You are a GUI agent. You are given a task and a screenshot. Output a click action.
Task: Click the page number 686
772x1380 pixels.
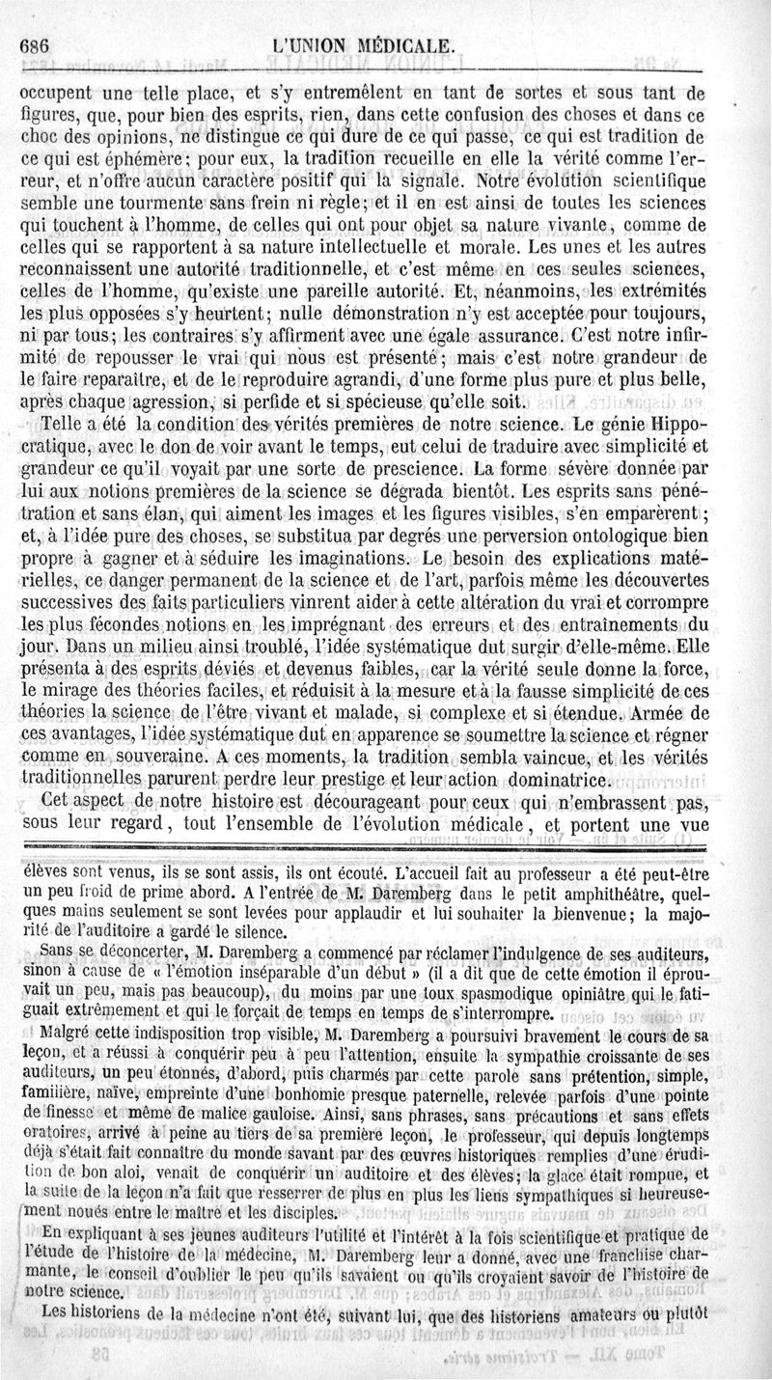(x=35, y=46)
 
